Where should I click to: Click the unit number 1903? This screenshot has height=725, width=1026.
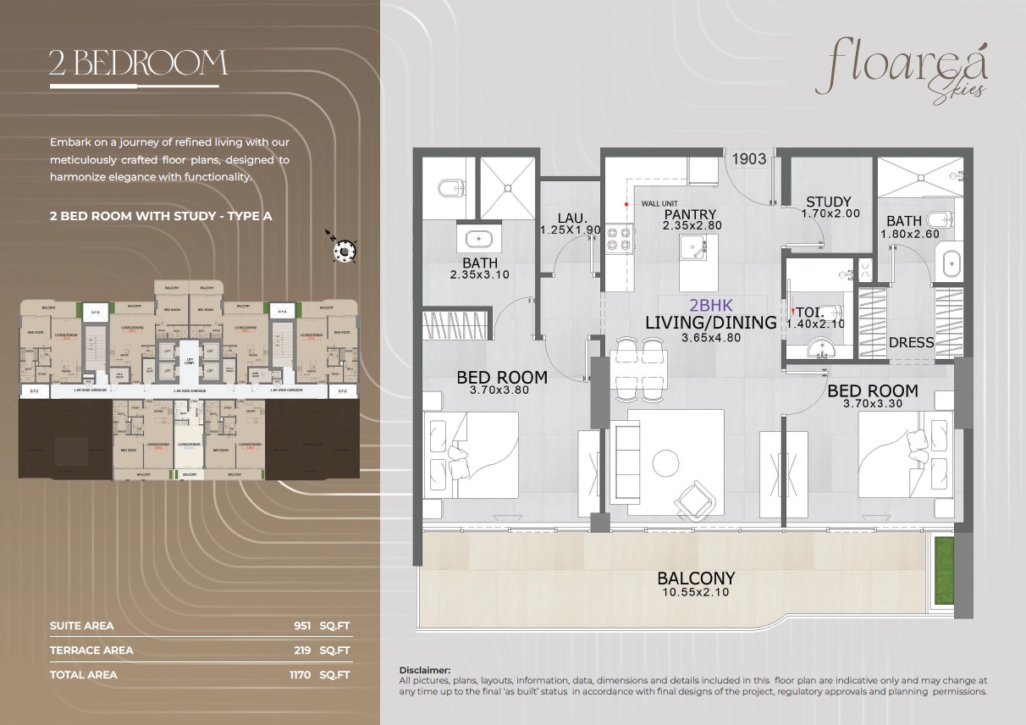(x=748, y=158)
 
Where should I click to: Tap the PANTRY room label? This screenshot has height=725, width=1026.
(x=690, y=214)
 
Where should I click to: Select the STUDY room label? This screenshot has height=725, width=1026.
(x=828, y=202)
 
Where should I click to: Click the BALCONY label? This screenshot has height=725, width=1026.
(x=696, y=578)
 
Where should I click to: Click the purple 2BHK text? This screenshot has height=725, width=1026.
(x=710, y=306)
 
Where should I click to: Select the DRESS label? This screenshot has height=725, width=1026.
(x=912, y=343)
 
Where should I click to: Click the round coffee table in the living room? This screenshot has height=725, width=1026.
(x=666, y=462)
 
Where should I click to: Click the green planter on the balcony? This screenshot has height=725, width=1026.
(x=943, y=571)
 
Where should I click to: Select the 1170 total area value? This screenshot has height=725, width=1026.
(x=300, y=675)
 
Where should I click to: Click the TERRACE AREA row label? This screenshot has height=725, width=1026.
(x=91, y=650)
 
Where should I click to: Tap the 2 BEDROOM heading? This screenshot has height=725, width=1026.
(x=137, y=64)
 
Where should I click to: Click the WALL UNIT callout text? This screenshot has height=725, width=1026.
(x=659, y=204)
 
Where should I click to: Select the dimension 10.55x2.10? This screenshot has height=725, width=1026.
(x=696, y=593)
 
